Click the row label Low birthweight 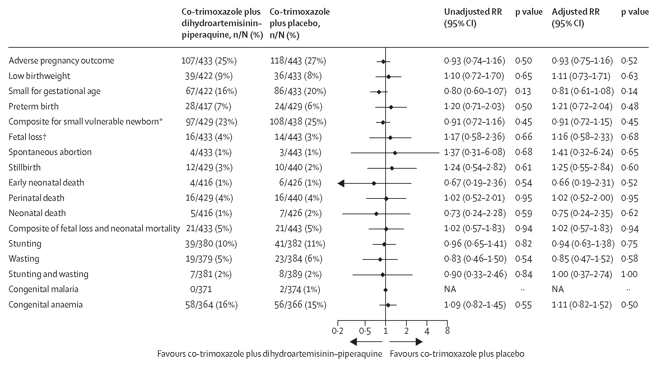[39, 76]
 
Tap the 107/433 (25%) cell [209, 61]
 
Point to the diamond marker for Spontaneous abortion [395, 153]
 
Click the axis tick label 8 [447, 331]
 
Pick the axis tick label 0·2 [337, 331]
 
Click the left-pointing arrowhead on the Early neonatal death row [341, 183]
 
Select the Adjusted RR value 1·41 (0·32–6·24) [582, 152]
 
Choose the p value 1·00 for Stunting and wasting [629, 274]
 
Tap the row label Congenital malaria [43, 289]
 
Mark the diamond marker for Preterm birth [391, 107]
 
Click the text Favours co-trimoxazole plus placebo [457, 354]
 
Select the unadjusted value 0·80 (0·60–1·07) [475, 91]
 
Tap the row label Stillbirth [25, 168]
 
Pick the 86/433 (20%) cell [298, 91]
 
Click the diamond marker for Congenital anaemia [388, 305]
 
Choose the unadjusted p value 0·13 [523, 91]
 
